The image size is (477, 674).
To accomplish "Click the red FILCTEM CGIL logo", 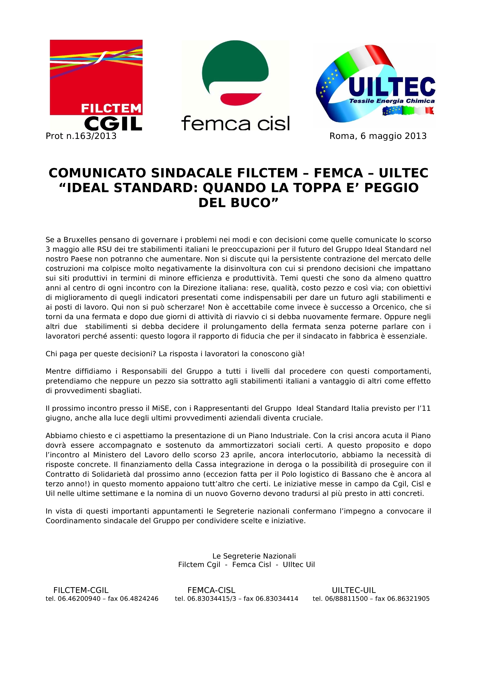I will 96,85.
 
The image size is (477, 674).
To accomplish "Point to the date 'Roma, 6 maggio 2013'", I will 378,136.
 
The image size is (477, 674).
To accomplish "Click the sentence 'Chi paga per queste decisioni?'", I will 101,354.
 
